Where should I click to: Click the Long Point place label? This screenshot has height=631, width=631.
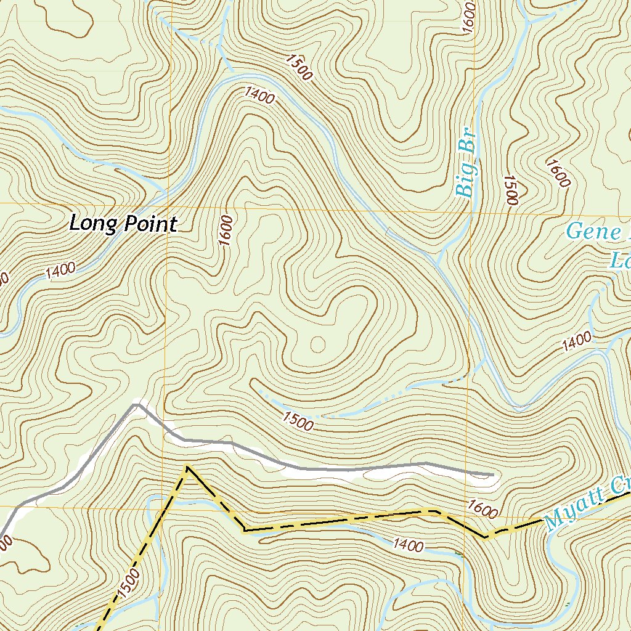pyautogui.click(x=123, y=223)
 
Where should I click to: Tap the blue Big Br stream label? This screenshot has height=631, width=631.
pyautogui.click(x=468, y=168)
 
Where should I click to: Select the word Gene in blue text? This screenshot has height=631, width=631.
pyautogui.click(x=594, y=232)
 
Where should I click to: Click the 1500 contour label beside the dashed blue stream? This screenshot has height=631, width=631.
pyautogui.click(x=298, y=420)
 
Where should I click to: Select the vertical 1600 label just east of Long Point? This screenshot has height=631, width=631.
pyautogui.click(x=226, y=230)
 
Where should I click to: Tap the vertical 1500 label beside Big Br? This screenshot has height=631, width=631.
pyautogui.click(x=511, y=190)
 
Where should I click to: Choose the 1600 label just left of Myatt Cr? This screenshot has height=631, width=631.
pyautogui.click(x=482, y=508)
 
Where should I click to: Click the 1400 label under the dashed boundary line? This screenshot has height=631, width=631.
pyautogui.click(x=408, y=545)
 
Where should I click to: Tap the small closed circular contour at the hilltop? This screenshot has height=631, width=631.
pyautogui.click(x=319, y=343)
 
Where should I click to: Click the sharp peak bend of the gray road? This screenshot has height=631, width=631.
pyautogui.click(x=137, y=404)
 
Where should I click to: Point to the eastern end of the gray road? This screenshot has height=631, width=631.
pyautogui.click(x=493, y=475)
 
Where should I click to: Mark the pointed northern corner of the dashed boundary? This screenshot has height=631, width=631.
pyautogui.click(x=187, y=468)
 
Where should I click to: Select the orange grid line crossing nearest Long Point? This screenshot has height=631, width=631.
pyautogui.click(x=167, y=203)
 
